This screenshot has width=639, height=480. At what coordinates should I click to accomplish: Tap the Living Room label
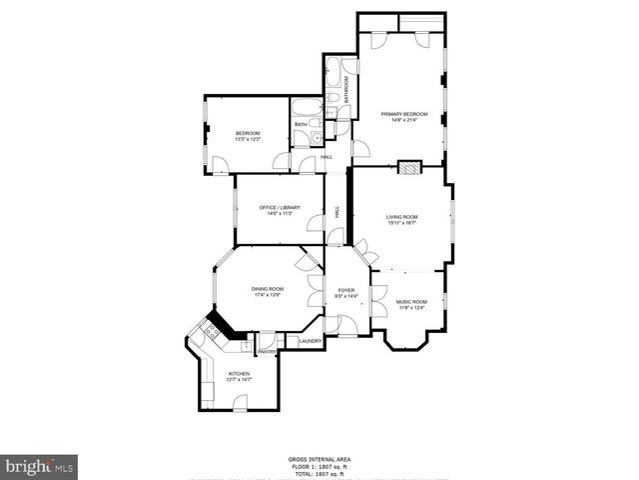pyautogui.click(x=402, y=217)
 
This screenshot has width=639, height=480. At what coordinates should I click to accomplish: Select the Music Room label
pyautogui.click(x=411, y=302)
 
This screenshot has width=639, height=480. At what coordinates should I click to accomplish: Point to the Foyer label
pyautogui.click(x=345, y=290)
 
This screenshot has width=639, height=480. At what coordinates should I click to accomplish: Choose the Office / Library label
pyautogui.click(x=279, y=207)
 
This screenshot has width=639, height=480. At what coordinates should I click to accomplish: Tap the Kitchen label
pyautogui.click(x=240, y=373)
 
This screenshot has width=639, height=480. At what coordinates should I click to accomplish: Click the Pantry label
pyautogui.click(x=268, y=352)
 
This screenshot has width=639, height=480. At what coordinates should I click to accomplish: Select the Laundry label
pyautogui.click(x=311, y=341)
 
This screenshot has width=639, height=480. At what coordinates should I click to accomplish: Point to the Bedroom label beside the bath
pyautogui.click(x=248, y=134)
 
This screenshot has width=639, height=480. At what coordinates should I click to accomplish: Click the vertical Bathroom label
pyautogui.click(x=346, y=90)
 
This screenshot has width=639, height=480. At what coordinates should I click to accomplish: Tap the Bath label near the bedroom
pyautogui.click(x=300, y=125)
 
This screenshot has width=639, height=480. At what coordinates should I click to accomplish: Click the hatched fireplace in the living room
pyautogui.click(x=407, y=168)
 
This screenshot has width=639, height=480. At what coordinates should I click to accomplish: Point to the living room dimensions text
pyautogui.click(x=402, y=223)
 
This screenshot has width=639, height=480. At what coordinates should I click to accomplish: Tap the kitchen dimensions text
pyautogui.click(x=240, y=379)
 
